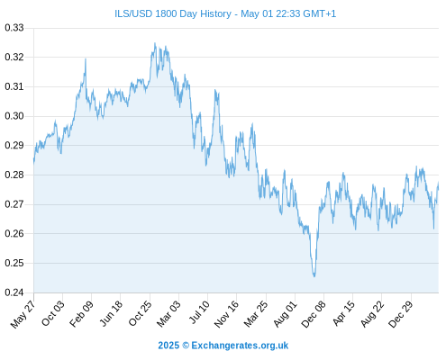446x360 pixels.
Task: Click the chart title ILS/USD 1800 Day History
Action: click(x=173, y=13)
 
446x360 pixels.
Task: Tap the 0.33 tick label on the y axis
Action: click(x=14, y=28)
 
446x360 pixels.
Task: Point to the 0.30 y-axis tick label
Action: click(x=14, y=116)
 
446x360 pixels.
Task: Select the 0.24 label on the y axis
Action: click(x=14, y=292)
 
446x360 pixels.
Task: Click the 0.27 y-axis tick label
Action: click(x=14, y=204)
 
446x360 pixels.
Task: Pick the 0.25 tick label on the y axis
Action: click(x=14, y=263)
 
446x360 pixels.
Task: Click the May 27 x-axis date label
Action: click(x=23, y=314)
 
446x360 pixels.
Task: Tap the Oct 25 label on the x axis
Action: click(x=140, y=313)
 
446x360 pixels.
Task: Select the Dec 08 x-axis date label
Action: click(x=314, y=314)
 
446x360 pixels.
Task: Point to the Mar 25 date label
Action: click(x=256, y=314)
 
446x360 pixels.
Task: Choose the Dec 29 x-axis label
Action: click(x=401, y=314)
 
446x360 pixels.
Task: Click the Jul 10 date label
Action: click(x=199, y=312)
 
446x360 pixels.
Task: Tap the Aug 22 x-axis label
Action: click(x=372, y=314)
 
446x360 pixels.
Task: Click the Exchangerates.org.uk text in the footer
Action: click(x=240, y=346)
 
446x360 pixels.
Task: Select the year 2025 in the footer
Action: click(x=168, y=346)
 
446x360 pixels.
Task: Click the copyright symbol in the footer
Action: click(x=186, y=346)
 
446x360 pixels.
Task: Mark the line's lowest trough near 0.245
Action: click(x=314, y=276)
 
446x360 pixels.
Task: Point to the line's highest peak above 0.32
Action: click(x=155, y=43)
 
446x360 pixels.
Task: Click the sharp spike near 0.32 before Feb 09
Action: click(x=86, y=59)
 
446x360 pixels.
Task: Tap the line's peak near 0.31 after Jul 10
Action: click(x=215, y=90)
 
